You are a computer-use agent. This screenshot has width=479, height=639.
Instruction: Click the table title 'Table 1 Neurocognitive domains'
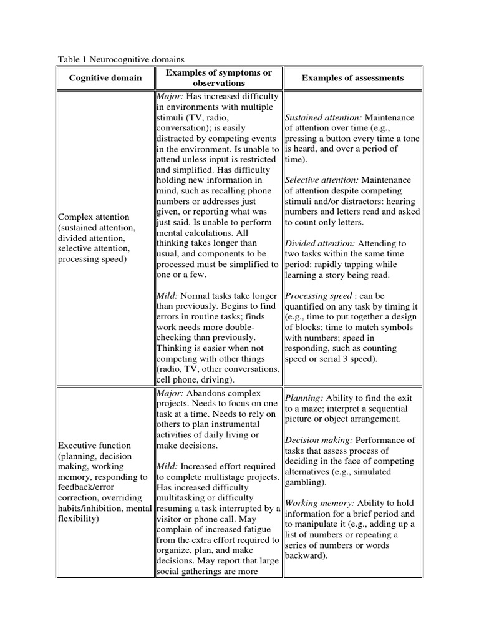pos(121,59)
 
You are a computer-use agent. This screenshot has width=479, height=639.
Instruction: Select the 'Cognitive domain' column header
pos(105,78)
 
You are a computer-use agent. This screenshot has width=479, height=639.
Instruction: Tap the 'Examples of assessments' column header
pos(352,78)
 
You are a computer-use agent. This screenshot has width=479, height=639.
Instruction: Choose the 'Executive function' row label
pos(94,446)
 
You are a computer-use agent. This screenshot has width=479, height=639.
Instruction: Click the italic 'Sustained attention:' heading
pos(324,117)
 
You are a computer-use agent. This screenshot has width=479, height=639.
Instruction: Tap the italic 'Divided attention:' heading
pos(321,243)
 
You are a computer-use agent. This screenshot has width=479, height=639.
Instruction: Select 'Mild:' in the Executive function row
pos(167,466)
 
